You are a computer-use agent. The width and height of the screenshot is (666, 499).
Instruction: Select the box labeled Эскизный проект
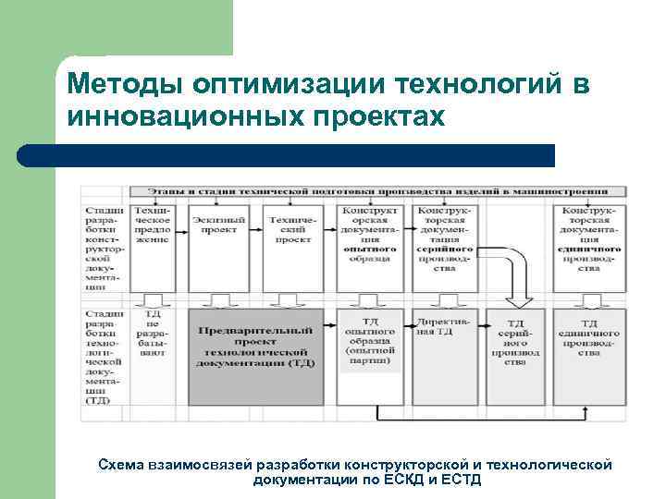[x=219, y=231]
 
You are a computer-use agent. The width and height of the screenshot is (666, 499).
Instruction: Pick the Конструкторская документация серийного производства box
[x=448, y=240]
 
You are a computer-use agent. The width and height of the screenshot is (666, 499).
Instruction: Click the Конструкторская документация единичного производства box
[x=587, y=240]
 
